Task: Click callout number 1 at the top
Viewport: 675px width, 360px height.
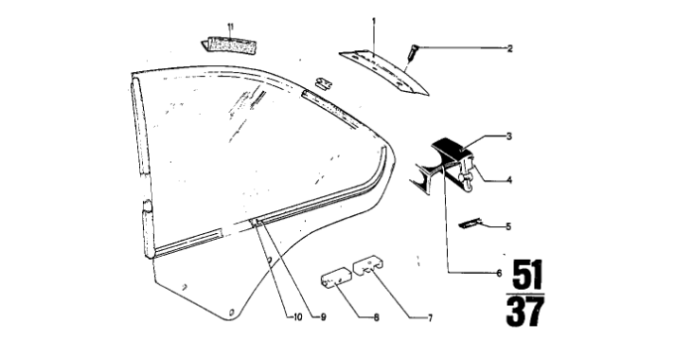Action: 374,21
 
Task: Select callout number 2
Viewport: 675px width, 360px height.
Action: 509,48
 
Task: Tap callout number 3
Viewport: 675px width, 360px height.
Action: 508,136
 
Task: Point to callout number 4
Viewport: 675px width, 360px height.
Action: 509,180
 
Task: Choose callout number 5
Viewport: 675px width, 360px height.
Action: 508,226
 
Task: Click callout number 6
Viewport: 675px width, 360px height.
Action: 499,273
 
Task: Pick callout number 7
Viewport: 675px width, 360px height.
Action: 430,318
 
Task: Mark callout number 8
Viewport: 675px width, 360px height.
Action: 376,317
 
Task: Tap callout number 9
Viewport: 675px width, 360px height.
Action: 323,317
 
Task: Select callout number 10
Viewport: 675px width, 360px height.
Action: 297,317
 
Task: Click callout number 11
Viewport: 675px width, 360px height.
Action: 231,27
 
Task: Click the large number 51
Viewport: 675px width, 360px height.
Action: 526,275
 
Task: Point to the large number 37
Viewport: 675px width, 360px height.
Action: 525,312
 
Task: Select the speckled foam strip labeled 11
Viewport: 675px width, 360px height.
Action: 229,45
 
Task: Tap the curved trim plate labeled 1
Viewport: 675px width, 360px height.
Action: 383,71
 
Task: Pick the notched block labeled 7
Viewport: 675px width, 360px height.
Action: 369,265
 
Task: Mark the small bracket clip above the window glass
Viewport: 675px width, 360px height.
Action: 324,82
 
